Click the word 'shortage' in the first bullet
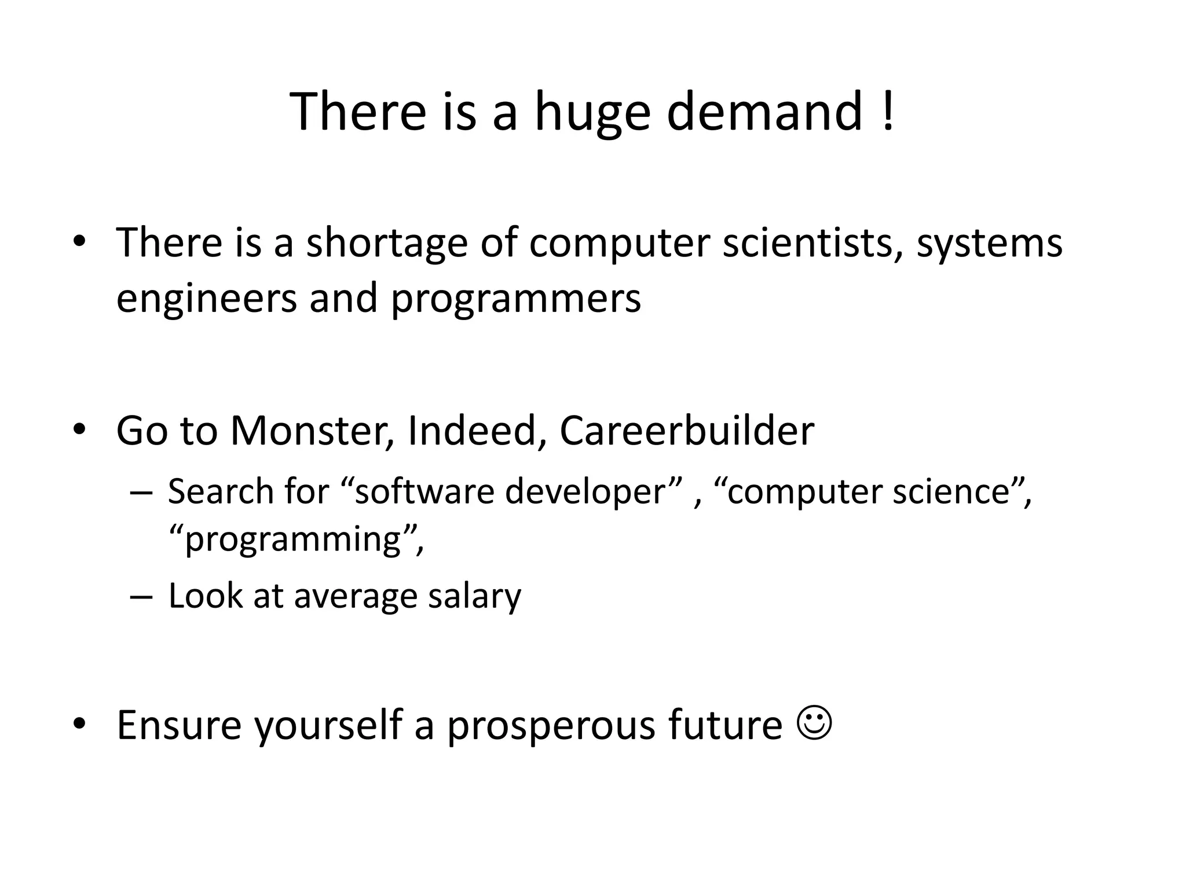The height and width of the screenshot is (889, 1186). pyautogui.click(x=386, y=243)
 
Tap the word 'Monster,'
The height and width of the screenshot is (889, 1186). pyautogui.click(x=313, y=431)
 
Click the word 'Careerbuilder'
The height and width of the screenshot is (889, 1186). pyautogui.click(x=686, y=431)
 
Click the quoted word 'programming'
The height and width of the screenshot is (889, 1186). pyautogui.click(x=293, y=540)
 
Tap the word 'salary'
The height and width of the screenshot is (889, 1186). pyautogui.click(x=474, y=596)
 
